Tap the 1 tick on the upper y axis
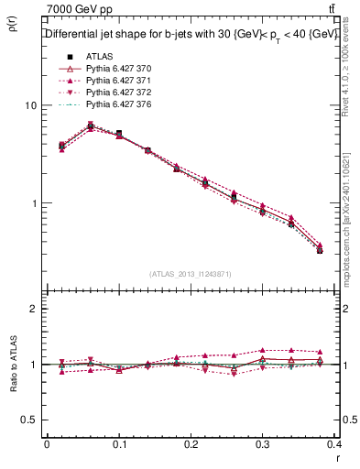point(35,202)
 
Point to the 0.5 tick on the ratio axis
point(30,420)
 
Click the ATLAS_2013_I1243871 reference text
point(189,274)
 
